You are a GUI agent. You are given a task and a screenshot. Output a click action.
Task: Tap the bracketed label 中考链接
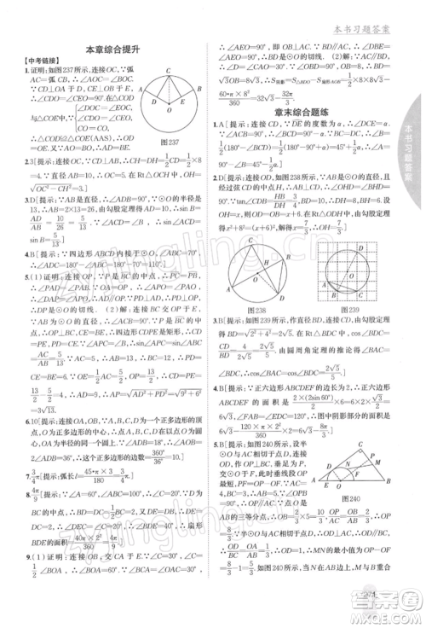34,64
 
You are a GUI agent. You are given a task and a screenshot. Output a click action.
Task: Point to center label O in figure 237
169,111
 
